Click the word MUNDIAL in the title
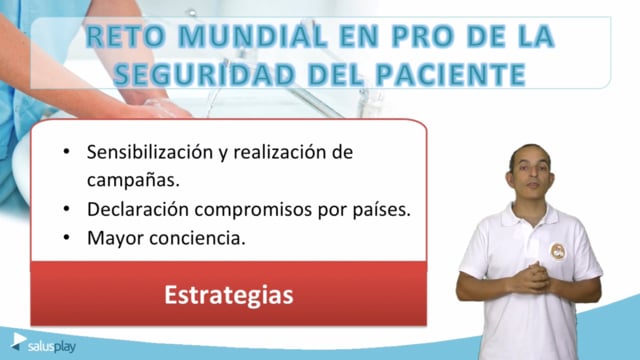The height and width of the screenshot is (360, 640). point(253,36)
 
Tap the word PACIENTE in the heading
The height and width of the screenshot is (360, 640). point(450,74)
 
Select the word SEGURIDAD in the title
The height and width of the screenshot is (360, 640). point(204,74)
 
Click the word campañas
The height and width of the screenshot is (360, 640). point(133,180)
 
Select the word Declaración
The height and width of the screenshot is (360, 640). point(138,209)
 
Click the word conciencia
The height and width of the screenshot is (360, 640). point(198,238)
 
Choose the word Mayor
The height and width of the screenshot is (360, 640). point(116,239)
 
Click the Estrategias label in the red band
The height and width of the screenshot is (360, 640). point(229,295)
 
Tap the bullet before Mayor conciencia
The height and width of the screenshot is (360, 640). point(67,238)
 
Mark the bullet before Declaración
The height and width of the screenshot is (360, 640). point(67,209)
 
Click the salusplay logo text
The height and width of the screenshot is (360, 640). point(51,347)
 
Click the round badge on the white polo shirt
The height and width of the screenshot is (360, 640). point(558,251)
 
